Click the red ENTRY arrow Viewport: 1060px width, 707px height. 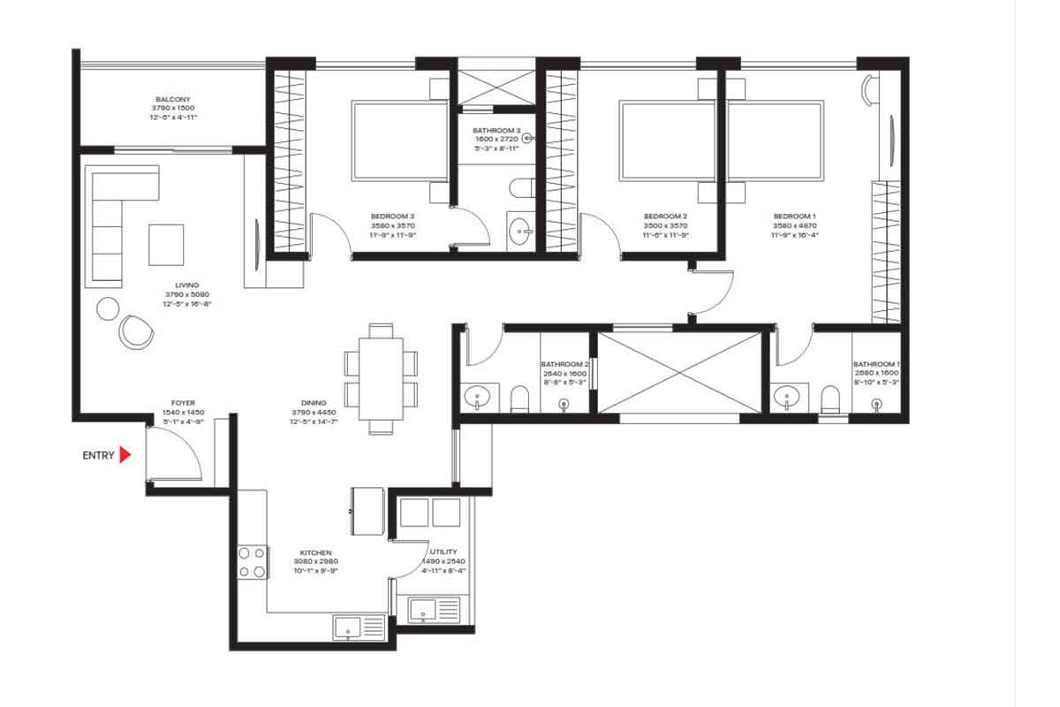[125, 455]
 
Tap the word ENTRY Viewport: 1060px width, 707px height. [98, 456]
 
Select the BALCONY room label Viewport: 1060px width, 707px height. [173, 100]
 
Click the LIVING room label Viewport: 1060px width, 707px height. [186, 285]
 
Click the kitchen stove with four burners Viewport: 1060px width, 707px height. [252, 562]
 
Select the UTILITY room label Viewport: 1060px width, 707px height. [443, 551]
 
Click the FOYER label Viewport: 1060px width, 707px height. [184, 403]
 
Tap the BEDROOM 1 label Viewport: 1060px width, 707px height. [792, 216]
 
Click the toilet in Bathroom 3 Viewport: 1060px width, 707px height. [519, 188]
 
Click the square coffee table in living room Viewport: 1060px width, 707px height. [166, 245]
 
